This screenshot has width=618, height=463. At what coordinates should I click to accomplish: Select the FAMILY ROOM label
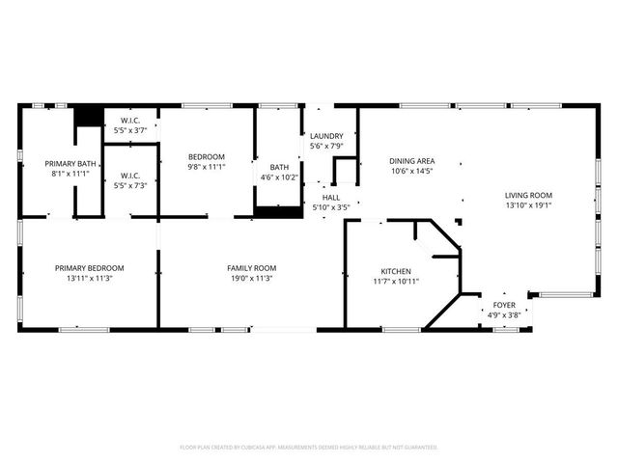[251, 268]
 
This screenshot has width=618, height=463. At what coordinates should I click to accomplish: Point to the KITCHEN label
[396, 271]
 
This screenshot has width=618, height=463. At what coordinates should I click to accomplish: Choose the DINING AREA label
[411, 161]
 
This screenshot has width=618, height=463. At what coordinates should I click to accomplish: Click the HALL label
[330, 197]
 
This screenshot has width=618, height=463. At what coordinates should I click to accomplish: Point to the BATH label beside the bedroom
[279, 167]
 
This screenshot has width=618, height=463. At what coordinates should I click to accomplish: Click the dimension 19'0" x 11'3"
[251, 279]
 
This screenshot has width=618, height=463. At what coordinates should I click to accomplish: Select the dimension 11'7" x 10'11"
[396, 282]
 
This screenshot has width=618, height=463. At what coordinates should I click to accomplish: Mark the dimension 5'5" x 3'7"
[129, 129]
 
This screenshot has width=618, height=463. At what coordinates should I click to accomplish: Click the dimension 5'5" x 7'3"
[129, 185]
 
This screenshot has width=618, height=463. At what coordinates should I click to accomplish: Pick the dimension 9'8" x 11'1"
[206, 167]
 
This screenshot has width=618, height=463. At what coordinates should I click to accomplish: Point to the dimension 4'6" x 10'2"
[279, 177]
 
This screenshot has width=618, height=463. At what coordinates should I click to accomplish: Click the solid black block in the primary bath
[88, 116]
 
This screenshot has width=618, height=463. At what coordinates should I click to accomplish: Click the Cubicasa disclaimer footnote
[309, 448]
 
